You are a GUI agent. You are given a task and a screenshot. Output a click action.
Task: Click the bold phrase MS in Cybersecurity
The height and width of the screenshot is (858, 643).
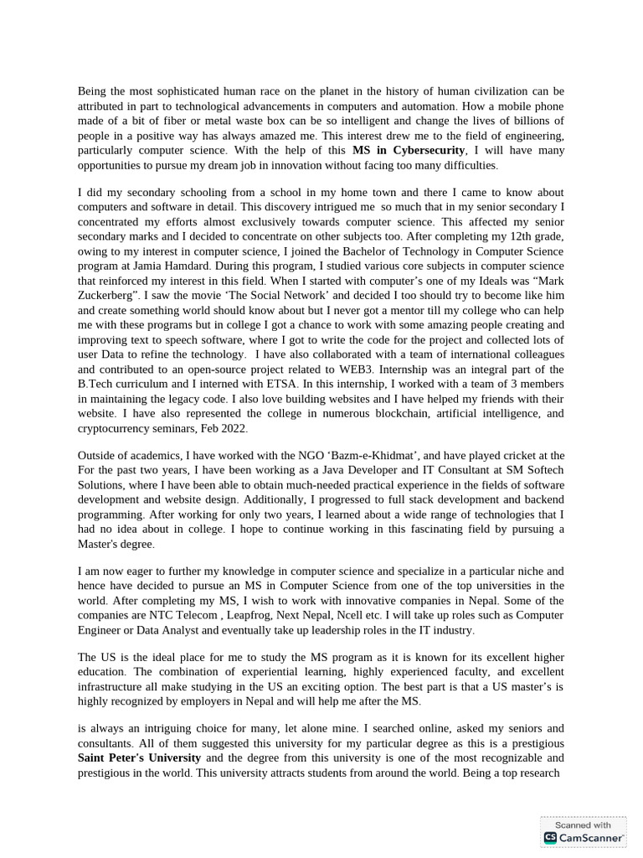(x=408, y=150)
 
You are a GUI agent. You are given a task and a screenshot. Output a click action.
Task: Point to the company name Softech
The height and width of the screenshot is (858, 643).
(x=542, y=470)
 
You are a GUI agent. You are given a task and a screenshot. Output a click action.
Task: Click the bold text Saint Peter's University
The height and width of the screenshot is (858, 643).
(x=139, y=758)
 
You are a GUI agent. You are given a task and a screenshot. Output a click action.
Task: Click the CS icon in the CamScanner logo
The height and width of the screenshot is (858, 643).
(x=550, y=837)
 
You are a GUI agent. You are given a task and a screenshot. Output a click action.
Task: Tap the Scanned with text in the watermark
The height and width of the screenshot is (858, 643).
(x=584, y=824)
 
